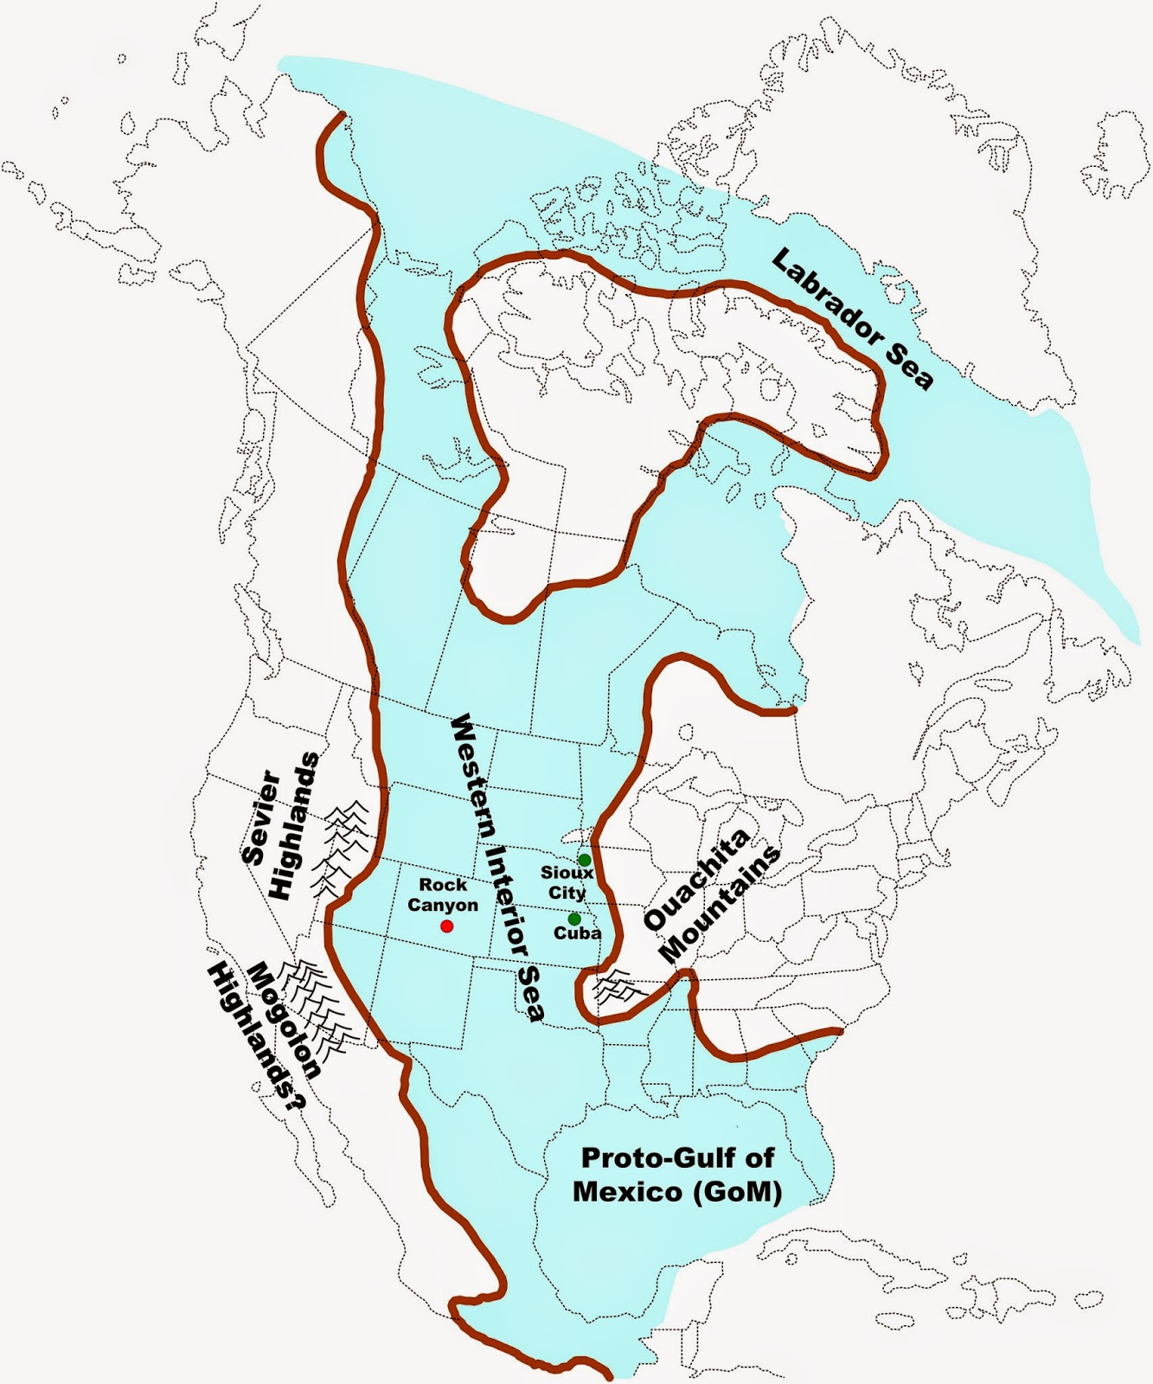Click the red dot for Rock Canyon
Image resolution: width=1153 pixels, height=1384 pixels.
click(446, 926)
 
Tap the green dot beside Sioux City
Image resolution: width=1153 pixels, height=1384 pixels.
click(585, 860)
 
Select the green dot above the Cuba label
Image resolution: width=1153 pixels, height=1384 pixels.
click(574, 919)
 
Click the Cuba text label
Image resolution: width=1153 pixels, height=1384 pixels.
click(577, 934)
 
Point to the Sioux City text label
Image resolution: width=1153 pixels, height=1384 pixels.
click(567, 882)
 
